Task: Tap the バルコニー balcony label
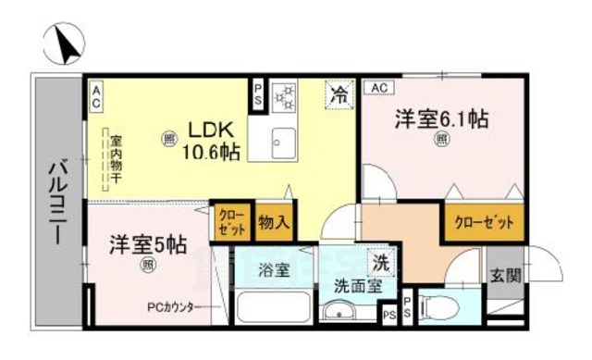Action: [57, 203]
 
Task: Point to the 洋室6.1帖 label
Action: [442, 119]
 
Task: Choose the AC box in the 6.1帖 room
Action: [377, 88]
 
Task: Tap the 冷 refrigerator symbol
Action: [340, 93]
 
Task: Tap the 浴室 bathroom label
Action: [274, 271]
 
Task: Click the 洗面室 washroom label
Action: [351, 286]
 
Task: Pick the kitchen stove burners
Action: [285, 95]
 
